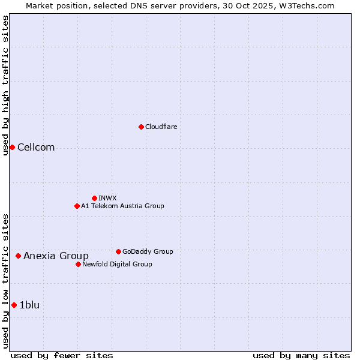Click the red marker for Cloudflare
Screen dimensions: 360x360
coord(141,127)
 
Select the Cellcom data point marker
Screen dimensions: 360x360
coord(12,147)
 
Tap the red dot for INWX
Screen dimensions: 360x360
coord(94,198)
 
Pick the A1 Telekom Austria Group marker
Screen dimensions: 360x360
coord(77,206)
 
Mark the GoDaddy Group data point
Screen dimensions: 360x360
coord(118,251)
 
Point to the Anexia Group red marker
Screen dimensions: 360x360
coord(18,256)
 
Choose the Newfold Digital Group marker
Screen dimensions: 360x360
coord(78,264)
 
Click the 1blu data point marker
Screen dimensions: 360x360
coord(14,305)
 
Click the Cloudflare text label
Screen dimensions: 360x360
coord(161,127)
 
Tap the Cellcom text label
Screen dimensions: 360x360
coord(36,148)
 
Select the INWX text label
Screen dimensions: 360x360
coord(107,198)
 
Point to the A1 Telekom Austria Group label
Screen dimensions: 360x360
coord(122,206)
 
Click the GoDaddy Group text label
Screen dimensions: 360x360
coord(148,251)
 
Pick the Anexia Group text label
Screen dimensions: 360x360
coord(56,256)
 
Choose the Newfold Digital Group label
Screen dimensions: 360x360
coord(117,264)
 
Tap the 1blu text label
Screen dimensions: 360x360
coord(29,305)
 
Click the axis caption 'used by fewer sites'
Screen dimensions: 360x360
coord(62,355)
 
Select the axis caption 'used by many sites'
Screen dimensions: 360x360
coord(301,355)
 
